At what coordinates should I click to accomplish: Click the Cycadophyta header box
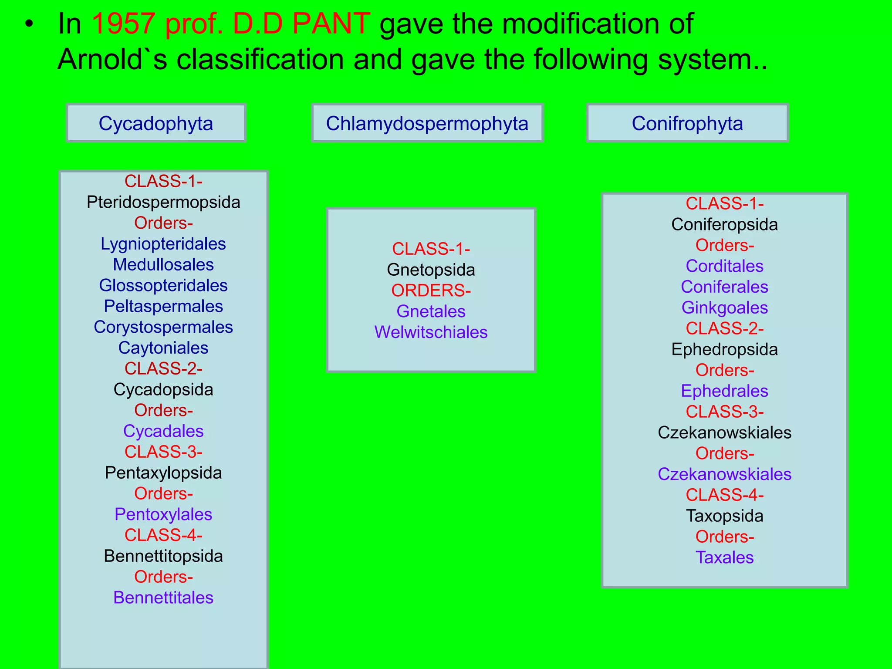(x=156, y=123)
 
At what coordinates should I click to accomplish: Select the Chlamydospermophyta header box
(x=427, y=123)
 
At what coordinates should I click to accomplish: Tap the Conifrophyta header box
(x=687, y=123)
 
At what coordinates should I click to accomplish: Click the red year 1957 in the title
(x=124, y=24)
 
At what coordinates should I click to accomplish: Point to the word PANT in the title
(x=331, y=24)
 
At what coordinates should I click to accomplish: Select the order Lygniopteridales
(x=163, y=244)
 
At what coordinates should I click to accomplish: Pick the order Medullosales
(x=163, y=265)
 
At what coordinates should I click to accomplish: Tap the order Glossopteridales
(x=163, y=286)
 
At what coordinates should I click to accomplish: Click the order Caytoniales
(x=163, y=348)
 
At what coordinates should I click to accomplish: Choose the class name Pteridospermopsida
(x=163, y=203)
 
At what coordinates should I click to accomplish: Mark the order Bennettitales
(x=163, y=598)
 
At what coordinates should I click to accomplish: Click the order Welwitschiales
(x=431, y=332)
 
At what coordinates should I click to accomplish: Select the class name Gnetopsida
(x=431, y=270)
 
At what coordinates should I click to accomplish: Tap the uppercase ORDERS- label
(x=431, y=291)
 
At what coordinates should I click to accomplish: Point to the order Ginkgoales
(x=724, y=308)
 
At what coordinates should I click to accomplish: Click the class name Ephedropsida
(x=724, y=349)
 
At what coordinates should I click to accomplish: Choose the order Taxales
(x=724, y=557)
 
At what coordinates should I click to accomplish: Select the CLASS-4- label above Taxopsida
(x=724, y=495)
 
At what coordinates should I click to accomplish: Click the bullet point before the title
(x=29, y=24)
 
